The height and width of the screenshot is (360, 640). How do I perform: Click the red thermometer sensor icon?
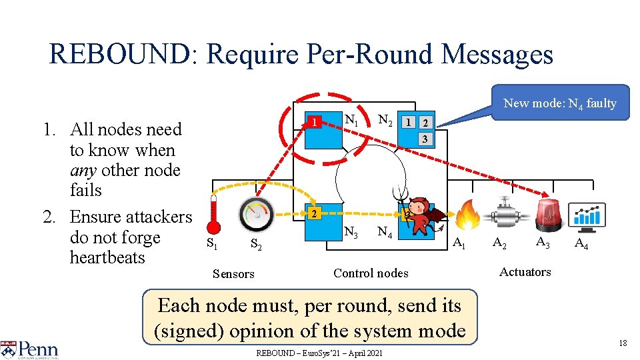click(213, 214)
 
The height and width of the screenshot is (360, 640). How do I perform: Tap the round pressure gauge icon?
click(257, 214)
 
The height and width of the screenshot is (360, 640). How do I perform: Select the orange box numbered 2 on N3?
click(312, 213)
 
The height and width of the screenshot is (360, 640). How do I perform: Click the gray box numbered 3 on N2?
click(423, 139)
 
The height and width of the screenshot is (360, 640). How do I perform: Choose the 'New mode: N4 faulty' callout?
click(559, 103)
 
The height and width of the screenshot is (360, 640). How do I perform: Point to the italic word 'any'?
click(83, 170)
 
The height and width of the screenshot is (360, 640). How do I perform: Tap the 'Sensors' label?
click(233, 273)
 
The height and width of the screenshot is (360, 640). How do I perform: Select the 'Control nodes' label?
click(371, 273)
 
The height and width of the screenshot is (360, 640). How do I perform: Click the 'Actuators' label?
click(525, 271)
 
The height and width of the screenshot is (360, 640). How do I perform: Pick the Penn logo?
click(30, 349)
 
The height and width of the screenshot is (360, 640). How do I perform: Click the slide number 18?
click(623, 343)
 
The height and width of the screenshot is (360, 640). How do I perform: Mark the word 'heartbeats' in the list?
click(107, 257)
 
